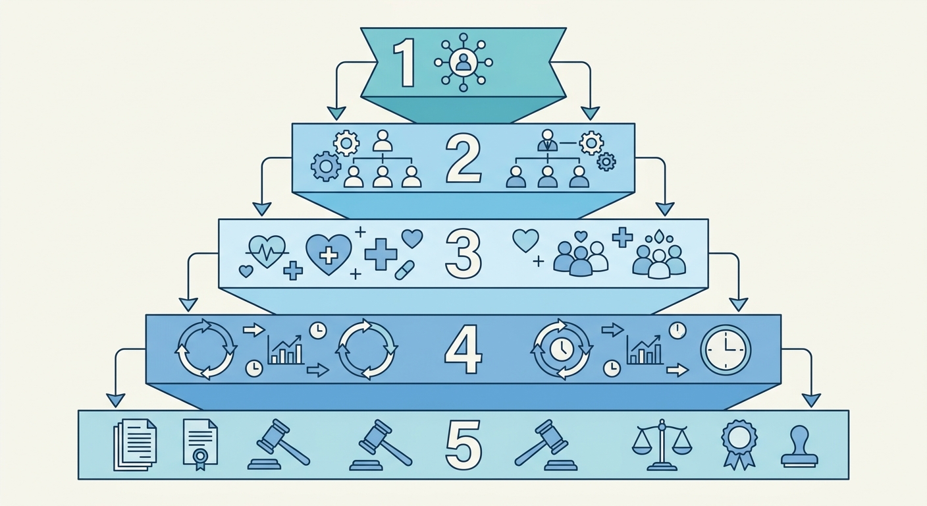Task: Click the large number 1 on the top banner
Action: (404, 63)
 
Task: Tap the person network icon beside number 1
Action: (463, 63)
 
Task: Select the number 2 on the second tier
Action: (463, 160)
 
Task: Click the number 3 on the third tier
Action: (463, 253)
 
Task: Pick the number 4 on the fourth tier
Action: (463, 350)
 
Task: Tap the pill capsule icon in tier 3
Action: (404, 270)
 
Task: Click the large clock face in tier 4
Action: (726, 351)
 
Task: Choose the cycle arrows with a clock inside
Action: (561, 349)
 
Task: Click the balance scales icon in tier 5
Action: (662, 445)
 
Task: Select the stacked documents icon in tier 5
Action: (135, 445)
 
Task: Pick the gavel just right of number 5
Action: (545, 445)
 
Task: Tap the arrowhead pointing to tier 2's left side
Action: (336, 113)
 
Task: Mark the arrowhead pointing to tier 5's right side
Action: (811, 401)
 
